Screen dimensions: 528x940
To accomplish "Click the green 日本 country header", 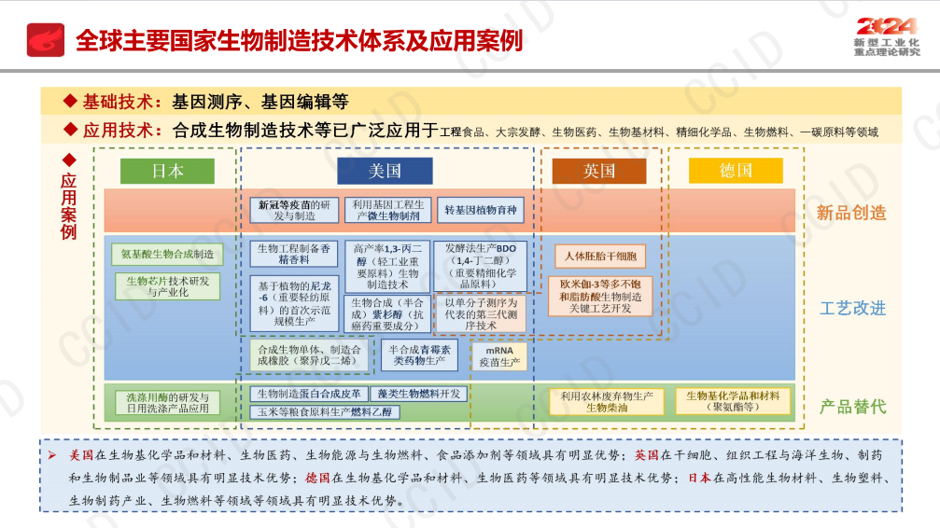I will (x=167, y=171).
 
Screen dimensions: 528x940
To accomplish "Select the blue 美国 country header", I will (x=385, y=171).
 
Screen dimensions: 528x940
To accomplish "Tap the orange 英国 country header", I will (x=598, y=171).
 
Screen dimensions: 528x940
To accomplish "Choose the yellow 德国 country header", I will (x=736, y=171).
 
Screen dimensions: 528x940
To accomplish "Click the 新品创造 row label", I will (x=851, y=213).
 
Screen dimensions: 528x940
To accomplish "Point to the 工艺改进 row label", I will (x=851, y=308).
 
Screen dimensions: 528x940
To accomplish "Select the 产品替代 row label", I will (x=851, y=406).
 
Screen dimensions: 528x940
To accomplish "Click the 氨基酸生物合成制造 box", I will (x=167, y=253).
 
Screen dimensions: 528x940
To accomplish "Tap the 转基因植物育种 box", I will (x=480, y=210).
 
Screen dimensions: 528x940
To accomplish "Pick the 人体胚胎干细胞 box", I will (x=600, y=256).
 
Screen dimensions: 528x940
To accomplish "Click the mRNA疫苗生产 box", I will (x=499, y=356).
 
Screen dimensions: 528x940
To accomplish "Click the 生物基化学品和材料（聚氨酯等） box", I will (x=733, y=401).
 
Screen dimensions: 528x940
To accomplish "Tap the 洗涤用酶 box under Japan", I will (x=167, y=402).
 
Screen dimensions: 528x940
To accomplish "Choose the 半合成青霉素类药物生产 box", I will (x=420, y=354).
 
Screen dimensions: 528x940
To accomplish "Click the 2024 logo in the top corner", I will (x=887, y=31).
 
